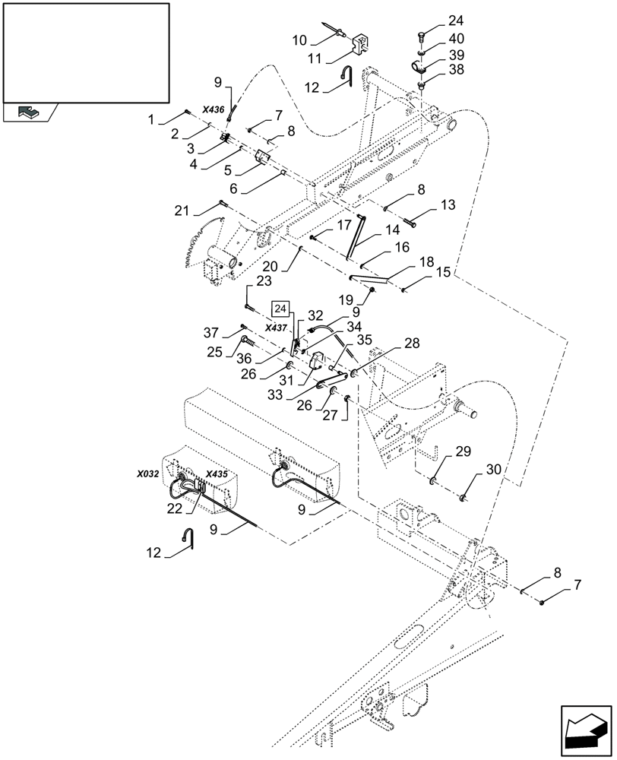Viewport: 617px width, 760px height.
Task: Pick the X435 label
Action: [217, 473]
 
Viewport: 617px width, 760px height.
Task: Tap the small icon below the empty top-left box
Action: [28, 112]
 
